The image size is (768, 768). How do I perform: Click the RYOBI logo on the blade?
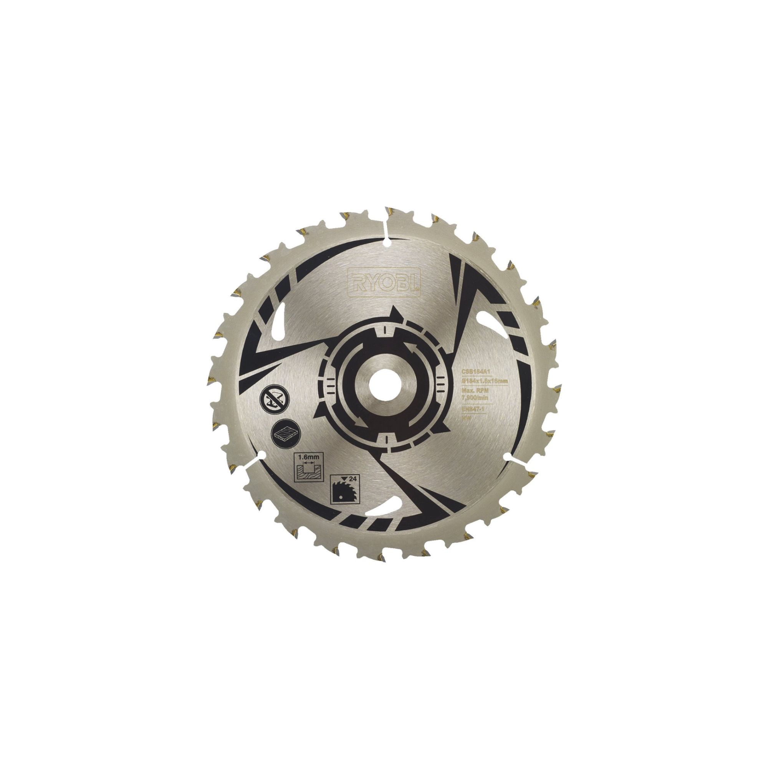tap(384, 282)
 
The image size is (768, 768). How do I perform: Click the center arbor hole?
tap(381, 384)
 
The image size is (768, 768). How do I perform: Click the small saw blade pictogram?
tap(341, 493)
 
